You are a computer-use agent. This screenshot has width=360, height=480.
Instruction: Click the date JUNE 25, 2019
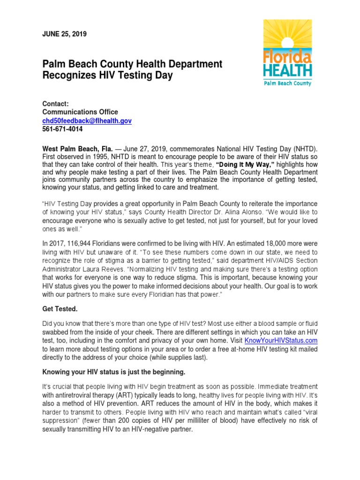point(64,34)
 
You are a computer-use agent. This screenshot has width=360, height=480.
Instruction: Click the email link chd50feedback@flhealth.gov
point(87,120)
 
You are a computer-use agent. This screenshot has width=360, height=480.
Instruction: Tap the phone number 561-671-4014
point(62,129)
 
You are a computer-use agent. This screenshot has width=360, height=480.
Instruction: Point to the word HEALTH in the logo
point(287,71)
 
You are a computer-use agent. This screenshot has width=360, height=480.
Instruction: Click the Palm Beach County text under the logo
point(287,83)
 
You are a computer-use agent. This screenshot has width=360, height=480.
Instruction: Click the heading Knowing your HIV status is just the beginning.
point(114,372)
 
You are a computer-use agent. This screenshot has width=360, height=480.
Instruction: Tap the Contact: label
point(55,104)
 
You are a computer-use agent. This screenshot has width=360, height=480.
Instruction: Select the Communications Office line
point(80,112)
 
